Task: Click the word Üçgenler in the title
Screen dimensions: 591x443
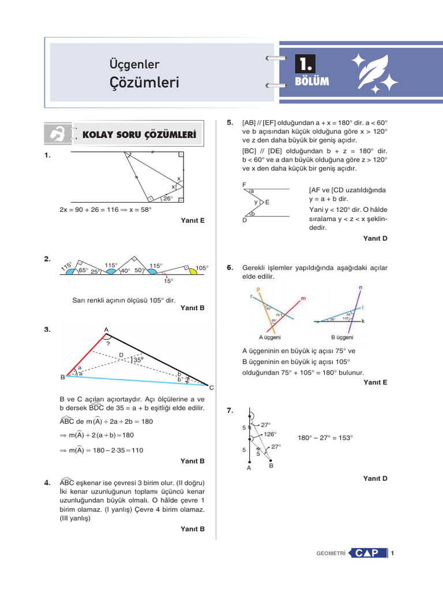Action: pyautogui.click(x=134, y=65)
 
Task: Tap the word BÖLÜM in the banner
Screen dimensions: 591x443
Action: pyautogui.click(x=311, y=81)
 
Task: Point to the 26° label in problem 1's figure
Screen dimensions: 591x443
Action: pyautogui.click(x=167, y=198)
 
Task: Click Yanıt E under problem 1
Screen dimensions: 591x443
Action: pyautogui.click(x=193, y=220)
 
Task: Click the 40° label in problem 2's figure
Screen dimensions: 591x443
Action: pyautogui.click(x=125, y=270)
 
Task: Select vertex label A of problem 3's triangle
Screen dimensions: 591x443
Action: pyautogui.click(x=106, y=330)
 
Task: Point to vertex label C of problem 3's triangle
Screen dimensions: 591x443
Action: pyautogui.click(x=211, y=387)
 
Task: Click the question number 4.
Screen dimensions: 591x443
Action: pyautogui.click(x=47, y=482)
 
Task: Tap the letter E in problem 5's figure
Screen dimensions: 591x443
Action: pyautogui.click(x=268, y=203)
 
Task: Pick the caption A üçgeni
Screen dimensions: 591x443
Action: pyautogui.click(x=269, y=337)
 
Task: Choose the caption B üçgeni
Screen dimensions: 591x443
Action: pyautogui.click(x=341, y=337)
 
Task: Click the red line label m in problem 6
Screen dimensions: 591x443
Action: pyautogui.click(x=303, y=298)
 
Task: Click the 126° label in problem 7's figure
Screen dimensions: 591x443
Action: pyautogui.click(x=269, y=434)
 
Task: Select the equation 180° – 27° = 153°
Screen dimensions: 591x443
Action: pyautogui.click(x=326, y=437)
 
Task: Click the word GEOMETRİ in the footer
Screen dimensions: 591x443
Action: pyautogui.click(x=331, y=554)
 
